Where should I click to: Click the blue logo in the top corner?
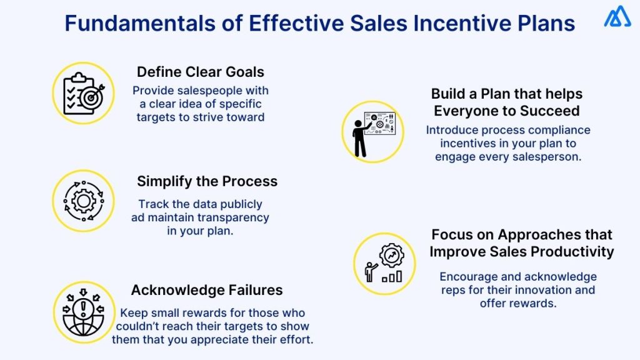(x=617, y=17)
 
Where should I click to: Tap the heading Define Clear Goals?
(x=200, y=72)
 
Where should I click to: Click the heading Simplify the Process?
(x=207, y=181)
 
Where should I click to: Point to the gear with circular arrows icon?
(x=83, y=201)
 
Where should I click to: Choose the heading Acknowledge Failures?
(x=206, y=290)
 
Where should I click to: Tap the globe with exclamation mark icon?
(x=83, y=311)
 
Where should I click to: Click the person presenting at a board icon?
(x=372, y=132)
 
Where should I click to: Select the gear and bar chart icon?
(x=384, y=264)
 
